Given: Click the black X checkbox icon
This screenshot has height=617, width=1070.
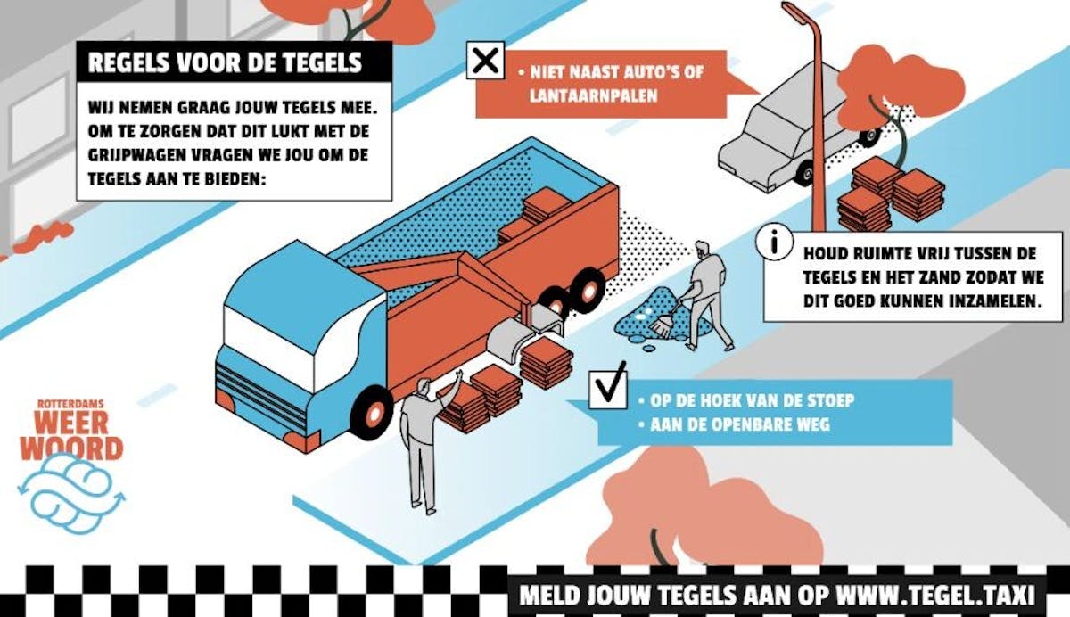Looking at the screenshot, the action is click(485, 61).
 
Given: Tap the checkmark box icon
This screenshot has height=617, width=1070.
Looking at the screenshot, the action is click(607, 390).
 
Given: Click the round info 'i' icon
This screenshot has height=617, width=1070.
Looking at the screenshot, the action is click(774, 242).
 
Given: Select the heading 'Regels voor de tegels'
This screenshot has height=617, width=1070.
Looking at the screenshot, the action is click(225, 62).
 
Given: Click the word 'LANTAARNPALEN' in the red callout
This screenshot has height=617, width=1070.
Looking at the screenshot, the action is click(593, 95).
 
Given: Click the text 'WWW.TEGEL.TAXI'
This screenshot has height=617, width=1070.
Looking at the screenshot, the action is click(934, 595).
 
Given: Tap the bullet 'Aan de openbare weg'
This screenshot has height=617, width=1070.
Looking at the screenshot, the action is click(735, 424).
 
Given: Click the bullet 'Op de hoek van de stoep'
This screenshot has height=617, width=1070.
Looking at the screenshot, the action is click(746, 400).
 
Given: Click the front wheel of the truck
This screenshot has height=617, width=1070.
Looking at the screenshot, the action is click(373, 414).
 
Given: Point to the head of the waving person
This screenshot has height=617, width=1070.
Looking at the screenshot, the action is click(424, 386).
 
